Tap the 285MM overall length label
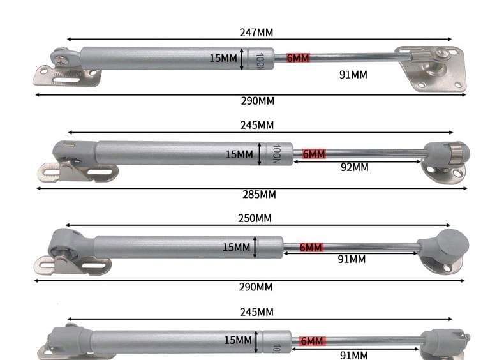click(259, 194)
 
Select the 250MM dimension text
click(255, 218)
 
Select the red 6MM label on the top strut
click(298, 58)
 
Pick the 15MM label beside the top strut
click(223, 58)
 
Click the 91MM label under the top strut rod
click(353, 75)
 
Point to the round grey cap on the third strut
click(449, 244)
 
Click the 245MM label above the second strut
click(257, 125)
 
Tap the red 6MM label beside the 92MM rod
click(313, 154)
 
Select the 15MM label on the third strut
click(236, 247)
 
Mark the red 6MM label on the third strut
click(311, 247)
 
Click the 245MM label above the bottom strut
click(257, 311)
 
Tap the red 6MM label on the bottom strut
click(312, 341)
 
